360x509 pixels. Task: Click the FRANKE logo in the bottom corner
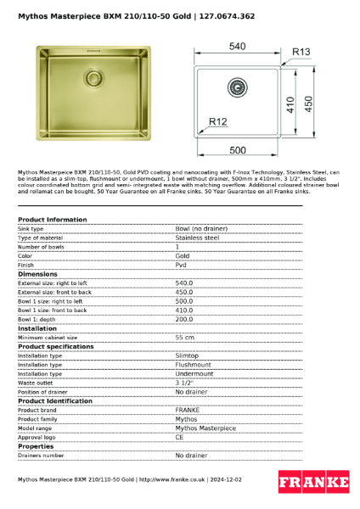point(314,483)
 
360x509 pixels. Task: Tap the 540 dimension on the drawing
point(238,46)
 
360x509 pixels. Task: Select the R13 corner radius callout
point(301,52)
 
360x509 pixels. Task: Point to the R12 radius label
point(218,122)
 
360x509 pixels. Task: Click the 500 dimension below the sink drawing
point(239,150)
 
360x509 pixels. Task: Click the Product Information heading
point(52,220)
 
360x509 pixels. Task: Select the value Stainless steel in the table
point(197,238)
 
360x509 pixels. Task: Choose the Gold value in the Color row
point(183,255)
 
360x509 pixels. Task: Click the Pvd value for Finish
point(181,265)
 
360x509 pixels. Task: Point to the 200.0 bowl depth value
point(184,319)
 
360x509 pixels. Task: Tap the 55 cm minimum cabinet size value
point(184,337)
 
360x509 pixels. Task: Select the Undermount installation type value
point(194,373)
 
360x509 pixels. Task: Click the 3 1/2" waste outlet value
point(184,383)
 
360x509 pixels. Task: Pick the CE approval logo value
point(180,437)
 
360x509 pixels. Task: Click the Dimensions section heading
point(38,274)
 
